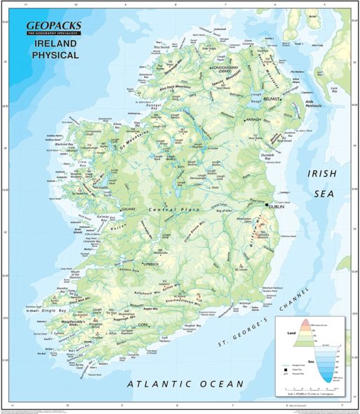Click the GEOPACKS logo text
pyautogui.click(x=53, y=27)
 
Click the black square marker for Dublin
pyautogui.click(x=267, y=204)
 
